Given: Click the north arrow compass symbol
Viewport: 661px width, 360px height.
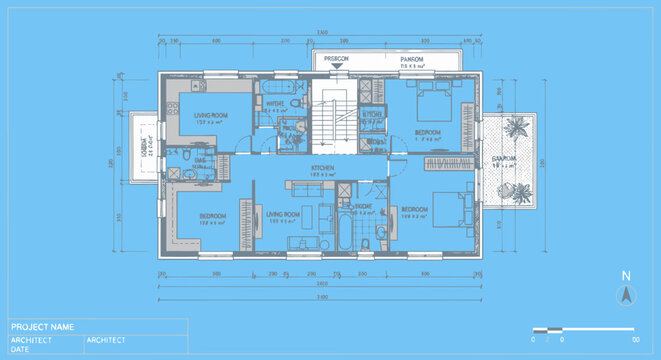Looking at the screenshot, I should tap(626, 295).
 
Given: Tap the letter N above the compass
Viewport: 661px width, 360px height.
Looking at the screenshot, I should tap(626, 276).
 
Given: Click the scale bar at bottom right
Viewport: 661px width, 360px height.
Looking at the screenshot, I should tap(583, 329).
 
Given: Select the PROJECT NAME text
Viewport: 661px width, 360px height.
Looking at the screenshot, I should tap(42, 327).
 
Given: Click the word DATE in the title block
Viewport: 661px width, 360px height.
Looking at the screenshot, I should tap(20, 349).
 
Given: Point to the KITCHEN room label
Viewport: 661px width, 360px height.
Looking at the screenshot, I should tap(322, 168).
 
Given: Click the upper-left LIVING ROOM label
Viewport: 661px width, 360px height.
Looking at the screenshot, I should tap(211, 116).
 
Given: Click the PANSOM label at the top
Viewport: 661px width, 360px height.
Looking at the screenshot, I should tap(412, 60).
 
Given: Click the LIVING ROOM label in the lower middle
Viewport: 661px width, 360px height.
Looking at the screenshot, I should tap(283, 215).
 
